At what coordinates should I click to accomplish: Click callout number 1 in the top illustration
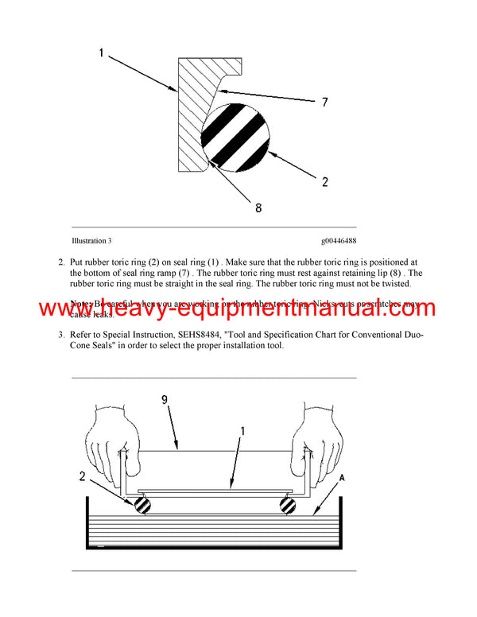coord(101,53)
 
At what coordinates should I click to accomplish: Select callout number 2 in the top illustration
coord(325,182)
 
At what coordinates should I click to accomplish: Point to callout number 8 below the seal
coord(258,208)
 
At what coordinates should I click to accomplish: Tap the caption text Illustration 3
coord(91,240)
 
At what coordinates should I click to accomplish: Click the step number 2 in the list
coord(61,262)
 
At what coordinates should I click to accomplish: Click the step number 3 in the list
coord(61,335)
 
